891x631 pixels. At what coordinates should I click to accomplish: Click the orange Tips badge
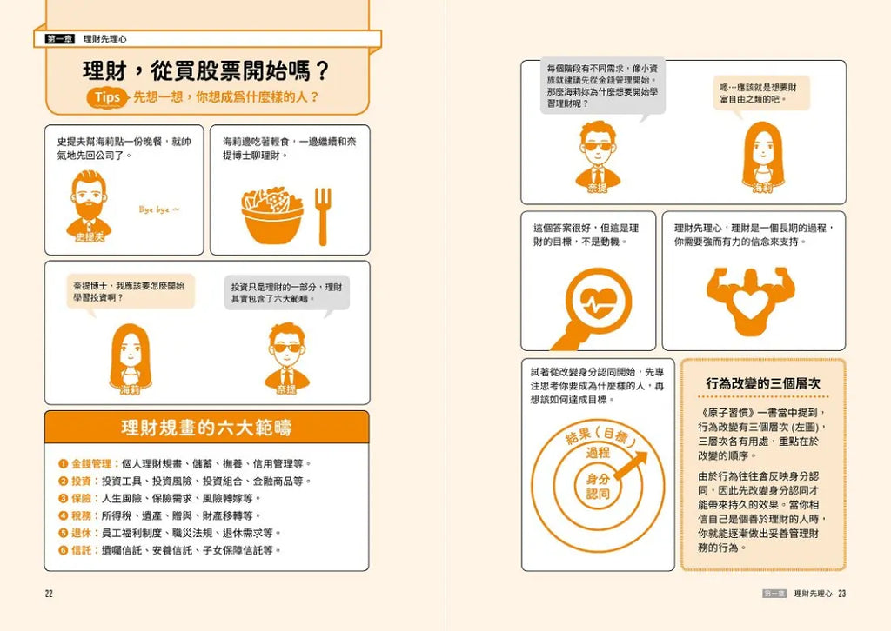[106, 97]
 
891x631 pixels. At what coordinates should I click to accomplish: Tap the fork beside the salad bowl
[323, 216]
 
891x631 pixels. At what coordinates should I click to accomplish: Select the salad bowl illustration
[272, 215]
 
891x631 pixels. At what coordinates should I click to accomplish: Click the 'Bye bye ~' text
[159, 209]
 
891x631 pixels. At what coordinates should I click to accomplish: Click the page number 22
[49, 594]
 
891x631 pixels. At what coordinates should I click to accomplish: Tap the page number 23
[841, 594]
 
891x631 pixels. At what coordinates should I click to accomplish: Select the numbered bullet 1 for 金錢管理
[63, 463]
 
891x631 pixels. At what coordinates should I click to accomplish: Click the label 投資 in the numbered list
[81, 482]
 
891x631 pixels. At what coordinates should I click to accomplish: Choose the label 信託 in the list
[81, 550]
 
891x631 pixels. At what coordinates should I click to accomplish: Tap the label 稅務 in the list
[81, 515]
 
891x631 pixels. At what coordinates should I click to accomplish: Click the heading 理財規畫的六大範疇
[206, 428]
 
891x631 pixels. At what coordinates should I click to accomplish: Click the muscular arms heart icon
[750, 301]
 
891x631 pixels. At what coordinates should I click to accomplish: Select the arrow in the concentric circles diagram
[630, 466]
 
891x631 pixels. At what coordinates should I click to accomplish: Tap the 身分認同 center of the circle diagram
[598, 487]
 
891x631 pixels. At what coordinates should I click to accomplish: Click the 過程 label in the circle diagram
[598, 453]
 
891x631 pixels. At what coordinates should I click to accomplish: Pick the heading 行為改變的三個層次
[763, 383]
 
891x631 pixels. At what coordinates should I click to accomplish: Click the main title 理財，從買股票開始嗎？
[206, 71]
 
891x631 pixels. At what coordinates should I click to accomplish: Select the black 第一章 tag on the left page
[60, 38]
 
